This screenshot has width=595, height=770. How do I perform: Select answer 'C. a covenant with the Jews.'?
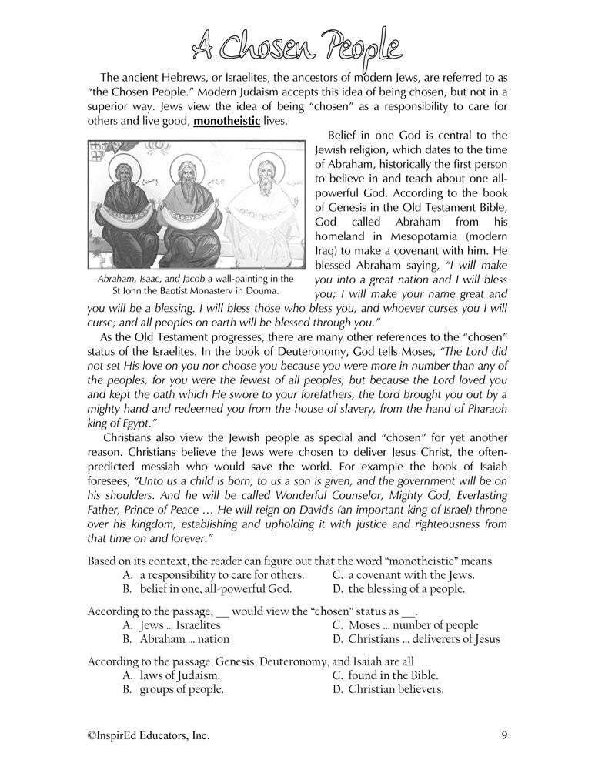point(403,574)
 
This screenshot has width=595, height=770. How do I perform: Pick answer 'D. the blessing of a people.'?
point(398,589)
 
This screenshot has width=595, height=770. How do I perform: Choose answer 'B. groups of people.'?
point(172,690)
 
